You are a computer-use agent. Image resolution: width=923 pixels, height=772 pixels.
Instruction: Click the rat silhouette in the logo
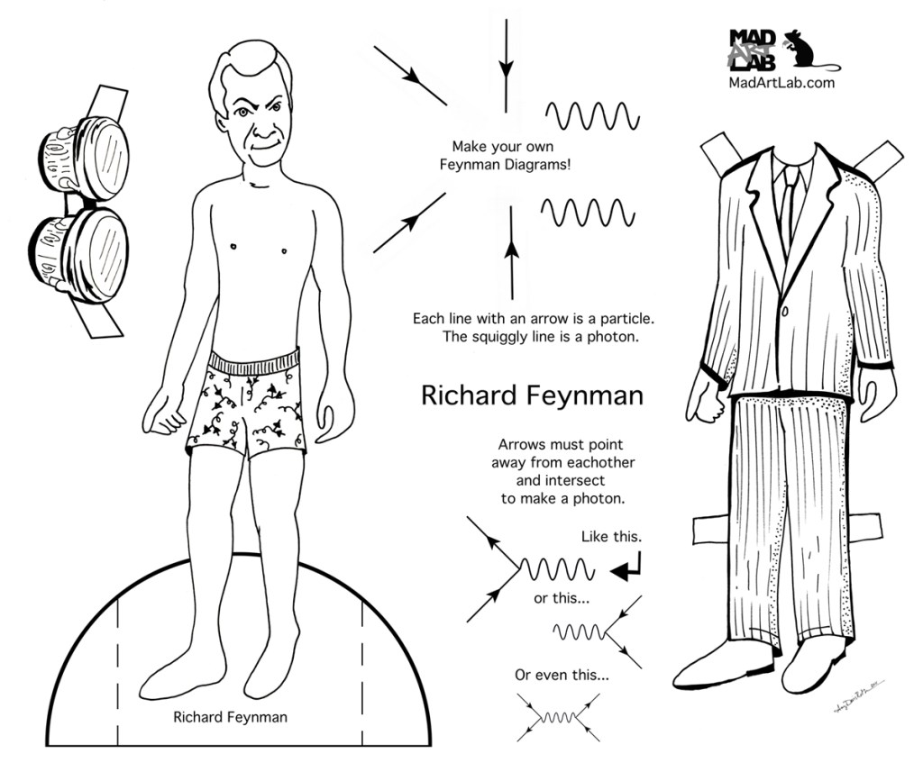pyautogui.click(x=807, y=50)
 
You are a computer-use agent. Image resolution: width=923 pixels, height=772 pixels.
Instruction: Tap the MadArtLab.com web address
pyautogui.click(x=781, y=83)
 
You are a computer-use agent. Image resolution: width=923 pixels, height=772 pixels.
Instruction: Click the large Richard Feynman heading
pyautogui.click(x=532, y=396)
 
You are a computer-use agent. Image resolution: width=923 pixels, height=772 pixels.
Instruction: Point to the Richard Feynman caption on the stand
pyautogui.click(x=230, y=717)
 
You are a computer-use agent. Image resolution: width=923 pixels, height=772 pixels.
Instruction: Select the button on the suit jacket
pyautogui.click(x=785, y=310)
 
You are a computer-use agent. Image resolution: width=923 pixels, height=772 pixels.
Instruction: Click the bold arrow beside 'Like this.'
pyautogui.click(x=626, y=568)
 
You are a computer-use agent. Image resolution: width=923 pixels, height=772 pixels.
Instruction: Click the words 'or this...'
pyautogui.click(x=562, y=599)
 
